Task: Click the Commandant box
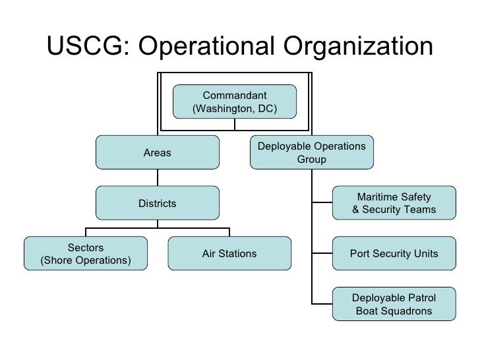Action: pos(234,102)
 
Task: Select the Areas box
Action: pos(157,152)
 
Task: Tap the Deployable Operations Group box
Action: pos(311,152)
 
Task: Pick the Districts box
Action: pos(157,203)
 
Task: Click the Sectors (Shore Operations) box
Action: pos(86,254)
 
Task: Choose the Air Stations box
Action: pos(229,254)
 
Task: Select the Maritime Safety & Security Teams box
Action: pos(394,203)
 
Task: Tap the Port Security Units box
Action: pos(394,254)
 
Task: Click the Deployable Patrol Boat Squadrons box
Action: pos(394,304)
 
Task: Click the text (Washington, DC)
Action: pos(234,108)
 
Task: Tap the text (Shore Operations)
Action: pos(86,260)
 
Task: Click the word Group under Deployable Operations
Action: pos(311,159)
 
